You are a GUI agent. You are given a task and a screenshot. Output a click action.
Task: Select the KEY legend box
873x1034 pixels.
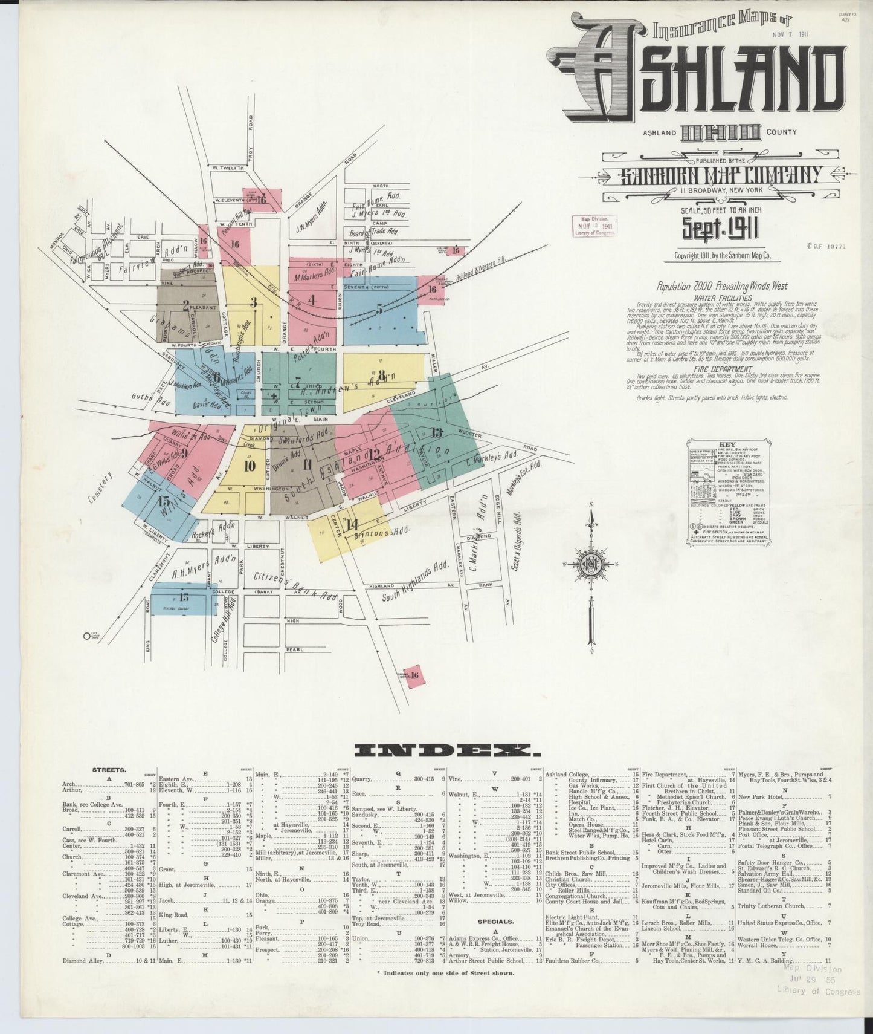tap(724, 496)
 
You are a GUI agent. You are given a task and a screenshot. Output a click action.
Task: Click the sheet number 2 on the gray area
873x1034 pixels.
tap(186, 305)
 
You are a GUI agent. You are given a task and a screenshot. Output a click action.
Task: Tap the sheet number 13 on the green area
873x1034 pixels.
tap(437, 432)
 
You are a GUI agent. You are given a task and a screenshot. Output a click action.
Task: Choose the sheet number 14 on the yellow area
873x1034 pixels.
tap(353, 524)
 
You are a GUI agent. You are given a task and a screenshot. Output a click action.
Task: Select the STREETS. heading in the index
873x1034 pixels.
tap(109, 770)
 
